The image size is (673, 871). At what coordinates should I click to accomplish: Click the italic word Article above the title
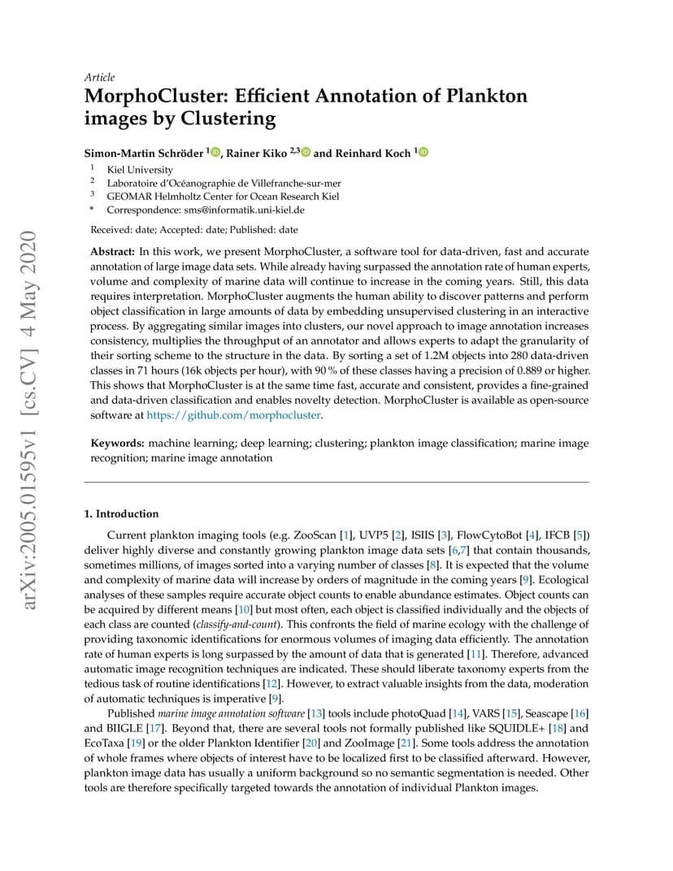(x=99, y=77)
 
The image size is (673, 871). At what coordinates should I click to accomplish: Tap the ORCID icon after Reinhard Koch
(x=423, y=152)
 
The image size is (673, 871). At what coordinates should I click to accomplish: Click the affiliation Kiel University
(x=140, y=170)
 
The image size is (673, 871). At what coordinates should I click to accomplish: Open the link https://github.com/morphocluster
(x=233, y=415)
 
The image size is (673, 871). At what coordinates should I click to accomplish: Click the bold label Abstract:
(x=112, y=252)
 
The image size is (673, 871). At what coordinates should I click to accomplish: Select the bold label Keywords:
(x=117, y=443)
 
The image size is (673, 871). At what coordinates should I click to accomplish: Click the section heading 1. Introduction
(x=122, y=513)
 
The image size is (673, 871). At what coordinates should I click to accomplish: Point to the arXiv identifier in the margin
(x=29, y=422)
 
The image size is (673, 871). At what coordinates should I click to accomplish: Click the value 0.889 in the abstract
(x=528, y=371)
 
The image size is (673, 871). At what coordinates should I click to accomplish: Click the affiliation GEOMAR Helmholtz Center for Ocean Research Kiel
(x=224, y=196)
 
